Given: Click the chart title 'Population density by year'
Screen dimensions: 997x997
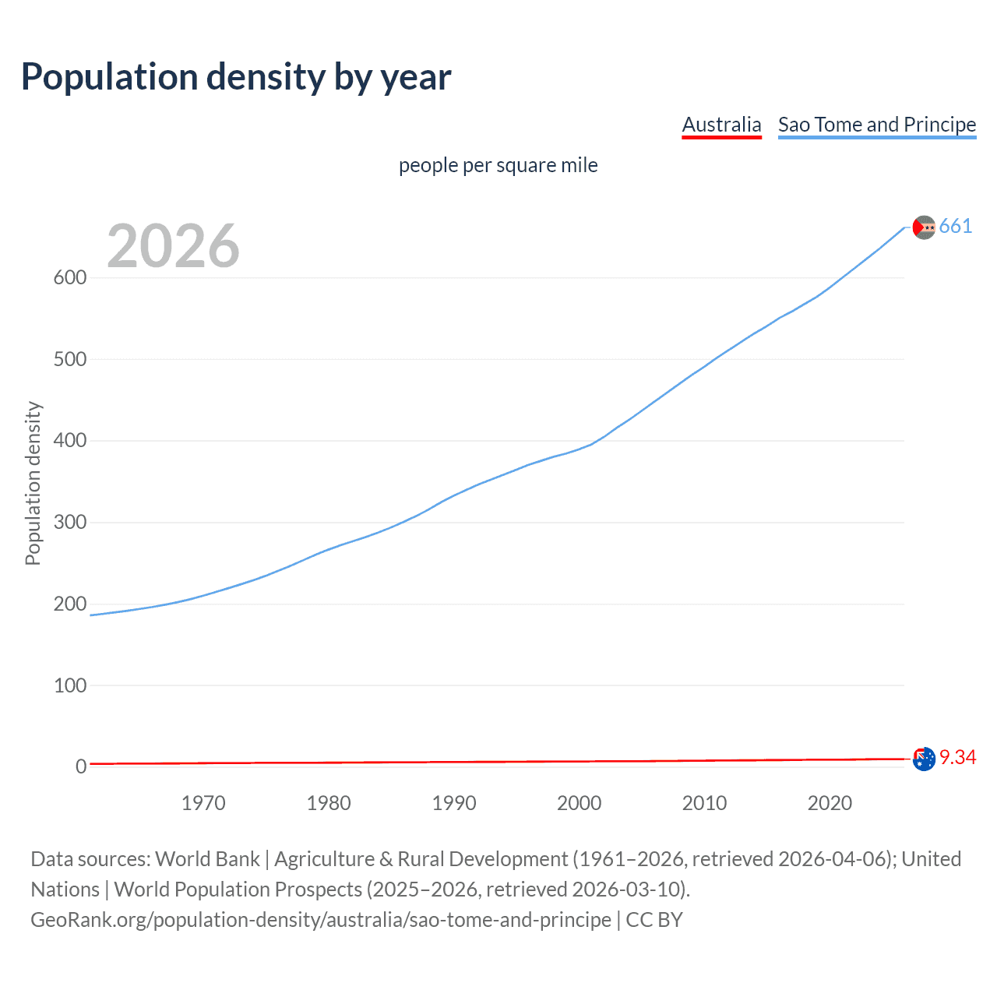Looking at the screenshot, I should pos(236,77).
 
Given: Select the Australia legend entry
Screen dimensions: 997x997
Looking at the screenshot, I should pos(721,125).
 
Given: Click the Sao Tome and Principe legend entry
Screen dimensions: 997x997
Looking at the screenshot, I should pos(877,125).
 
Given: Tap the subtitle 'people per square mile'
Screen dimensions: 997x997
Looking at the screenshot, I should pos(498,165).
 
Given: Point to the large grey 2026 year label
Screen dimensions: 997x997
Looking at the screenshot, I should pos(173,246).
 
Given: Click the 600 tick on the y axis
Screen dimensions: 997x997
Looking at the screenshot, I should pos(69,278).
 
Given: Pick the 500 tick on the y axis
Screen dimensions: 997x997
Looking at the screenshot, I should pos(69,360).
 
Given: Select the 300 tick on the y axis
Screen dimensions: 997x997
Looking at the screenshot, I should pos(69,523).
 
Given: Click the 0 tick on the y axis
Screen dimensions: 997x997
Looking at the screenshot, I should pos(81,767).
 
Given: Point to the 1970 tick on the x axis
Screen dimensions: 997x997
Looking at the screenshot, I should pos(203,803).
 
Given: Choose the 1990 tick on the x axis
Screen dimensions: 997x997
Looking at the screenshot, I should pos(454,803).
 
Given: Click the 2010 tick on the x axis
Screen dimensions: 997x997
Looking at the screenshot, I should pos(704,803).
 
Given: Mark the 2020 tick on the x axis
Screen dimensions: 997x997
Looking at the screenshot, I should pos(830,803).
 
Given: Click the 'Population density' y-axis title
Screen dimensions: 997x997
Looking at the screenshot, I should pos(33,483).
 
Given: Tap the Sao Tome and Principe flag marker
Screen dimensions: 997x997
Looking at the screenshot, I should pos(924,227).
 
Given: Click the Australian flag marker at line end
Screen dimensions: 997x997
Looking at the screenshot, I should pos(924,759).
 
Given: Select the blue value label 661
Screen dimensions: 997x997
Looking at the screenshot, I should pos(956,227).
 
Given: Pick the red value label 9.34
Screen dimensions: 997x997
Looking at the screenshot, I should pos(957,758).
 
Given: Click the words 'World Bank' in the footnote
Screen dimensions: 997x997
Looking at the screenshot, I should pos(207,859).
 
